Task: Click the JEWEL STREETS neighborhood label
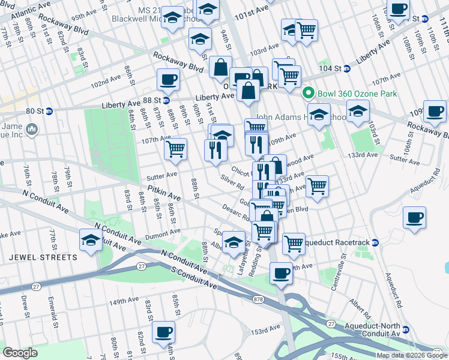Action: (x=43, y=257)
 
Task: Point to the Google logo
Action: (x=20, y=353)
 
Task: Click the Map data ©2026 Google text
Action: (x=412, y=355)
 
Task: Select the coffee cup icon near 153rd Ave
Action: (x=163, y=332)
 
